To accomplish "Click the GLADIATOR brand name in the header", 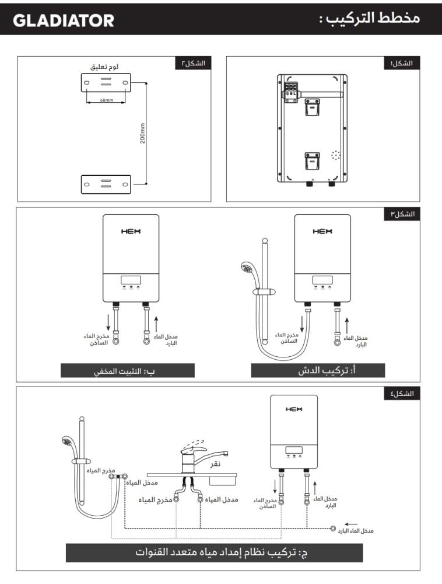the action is coord(64,20).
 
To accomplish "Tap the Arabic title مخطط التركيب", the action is coord(370,18).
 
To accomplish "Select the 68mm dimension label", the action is coord(106,100).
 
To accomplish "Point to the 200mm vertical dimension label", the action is coord(143,134).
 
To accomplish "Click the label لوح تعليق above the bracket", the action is coord(104,67).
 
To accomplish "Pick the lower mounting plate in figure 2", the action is coord(106,185).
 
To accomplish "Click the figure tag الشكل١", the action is coord(402,63).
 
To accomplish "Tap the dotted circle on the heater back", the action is coord(336,155).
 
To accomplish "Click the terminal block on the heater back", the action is coord(291,91).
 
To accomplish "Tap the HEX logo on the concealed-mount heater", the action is coord(131,231).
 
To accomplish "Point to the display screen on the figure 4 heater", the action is coord(294,450).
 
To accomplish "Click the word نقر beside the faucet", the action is coord(215,464).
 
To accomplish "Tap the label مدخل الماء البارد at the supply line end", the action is coord(356,530).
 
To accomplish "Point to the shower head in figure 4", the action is coord(68,442).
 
